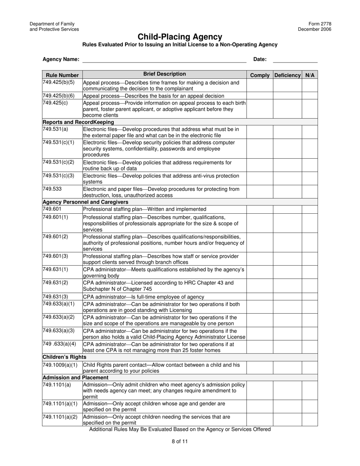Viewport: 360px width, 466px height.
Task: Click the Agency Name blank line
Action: (x=164, y=59)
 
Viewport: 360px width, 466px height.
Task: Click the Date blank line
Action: (x=295, y=59)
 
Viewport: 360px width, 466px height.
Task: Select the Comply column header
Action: (x=260, y=75)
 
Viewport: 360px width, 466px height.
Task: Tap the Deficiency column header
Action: (x=287, y=75)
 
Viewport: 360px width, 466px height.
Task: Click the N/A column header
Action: (x=310, y=75)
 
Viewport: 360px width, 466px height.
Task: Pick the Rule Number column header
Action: (x=62, y=75)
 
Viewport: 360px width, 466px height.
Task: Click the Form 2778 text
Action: (x=321, y=24)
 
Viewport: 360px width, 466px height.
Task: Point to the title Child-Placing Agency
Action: (x=180, y=37)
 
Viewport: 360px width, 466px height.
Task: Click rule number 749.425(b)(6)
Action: (x=59, y=95)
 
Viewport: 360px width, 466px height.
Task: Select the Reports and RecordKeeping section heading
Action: (x=78, y=122)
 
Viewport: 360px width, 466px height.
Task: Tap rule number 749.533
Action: (x=52, y=188)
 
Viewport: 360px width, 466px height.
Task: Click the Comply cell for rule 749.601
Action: (x=260, y=209)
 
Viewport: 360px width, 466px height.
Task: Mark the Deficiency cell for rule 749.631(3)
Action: (x=287, y=297)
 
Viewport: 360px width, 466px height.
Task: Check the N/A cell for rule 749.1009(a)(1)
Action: (x=310, y=367)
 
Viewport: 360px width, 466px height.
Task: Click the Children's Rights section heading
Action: (x=64, y=357)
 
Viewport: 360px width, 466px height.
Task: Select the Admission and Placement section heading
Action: (x=75, y=377)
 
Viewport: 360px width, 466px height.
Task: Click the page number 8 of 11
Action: (x=180, y=441)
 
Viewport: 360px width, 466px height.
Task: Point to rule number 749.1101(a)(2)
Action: (x=60, y=417)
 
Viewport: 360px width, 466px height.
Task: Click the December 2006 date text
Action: (x=314, y=29)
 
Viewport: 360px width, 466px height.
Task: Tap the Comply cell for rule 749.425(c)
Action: (x=260, y=109)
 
